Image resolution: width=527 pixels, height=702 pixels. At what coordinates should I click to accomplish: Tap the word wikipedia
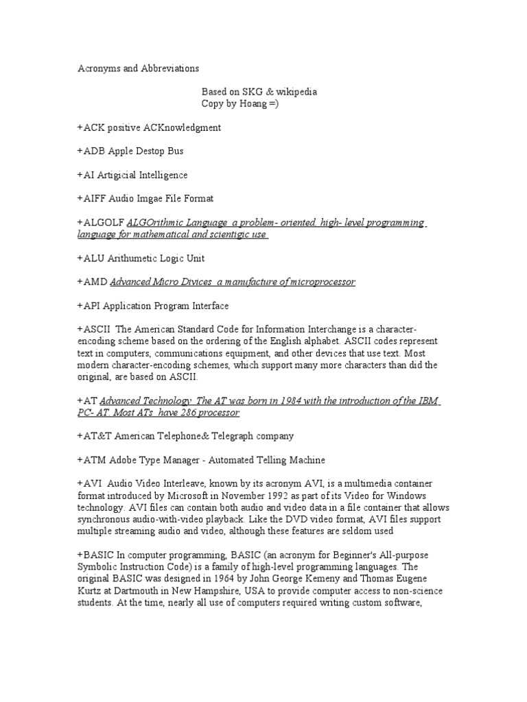[296, 92]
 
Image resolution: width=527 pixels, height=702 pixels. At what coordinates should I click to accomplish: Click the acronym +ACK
[91, 128]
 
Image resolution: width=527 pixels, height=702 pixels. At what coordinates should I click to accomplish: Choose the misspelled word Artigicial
[122, 175]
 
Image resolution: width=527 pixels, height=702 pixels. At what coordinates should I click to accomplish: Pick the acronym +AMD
[92, 282]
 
